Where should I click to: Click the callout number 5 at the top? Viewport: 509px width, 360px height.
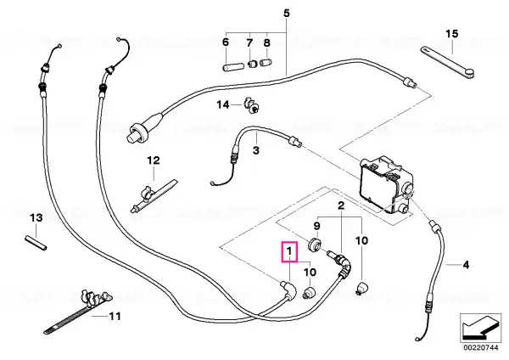287,14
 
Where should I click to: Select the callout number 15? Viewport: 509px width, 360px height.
452,33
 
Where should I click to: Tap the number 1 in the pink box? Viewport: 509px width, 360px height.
289,251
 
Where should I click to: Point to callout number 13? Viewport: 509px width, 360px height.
36,217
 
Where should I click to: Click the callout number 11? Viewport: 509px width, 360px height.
115,316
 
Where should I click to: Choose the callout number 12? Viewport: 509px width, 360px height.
154,160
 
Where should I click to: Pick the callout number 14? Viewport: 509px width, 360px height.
223,104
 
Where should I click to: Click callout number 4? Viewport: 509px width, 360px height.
466,265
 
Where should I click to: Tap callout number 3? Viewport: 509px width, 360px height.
256,150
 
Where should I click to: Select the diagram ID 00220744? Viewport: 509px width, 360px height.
481,347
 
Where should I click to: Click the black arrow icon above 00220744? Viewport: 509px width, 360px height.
481,328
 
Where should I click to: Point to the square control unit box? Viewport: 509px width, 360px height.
386,185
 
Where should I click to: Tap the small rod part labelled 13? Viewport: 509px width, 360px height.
36,243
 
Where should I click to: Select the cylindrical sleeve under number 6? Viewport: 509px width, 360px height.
233,67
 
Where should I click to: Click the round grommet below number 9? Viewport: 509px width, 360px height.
314,245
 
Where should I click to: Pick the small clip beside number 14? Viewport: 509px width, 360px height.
251,105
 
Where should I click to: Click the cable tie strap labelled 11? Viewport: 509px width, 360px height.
78,312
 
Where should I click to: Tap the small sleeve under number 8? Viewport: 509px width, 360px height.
266,63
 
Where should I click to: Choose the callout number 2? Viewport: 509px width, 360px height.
341,205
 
